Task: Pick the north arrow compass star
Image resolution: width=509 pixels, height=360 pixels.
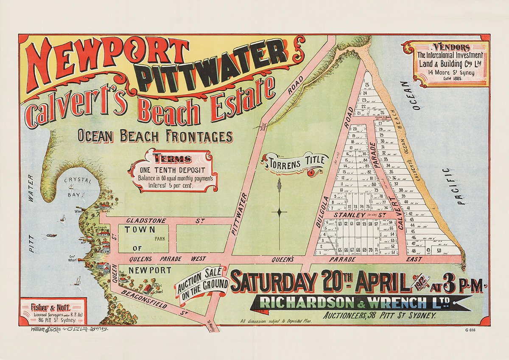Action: (279, 212)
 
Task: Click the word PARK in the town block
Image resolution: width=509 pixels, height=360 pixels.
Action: (160, 239)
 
